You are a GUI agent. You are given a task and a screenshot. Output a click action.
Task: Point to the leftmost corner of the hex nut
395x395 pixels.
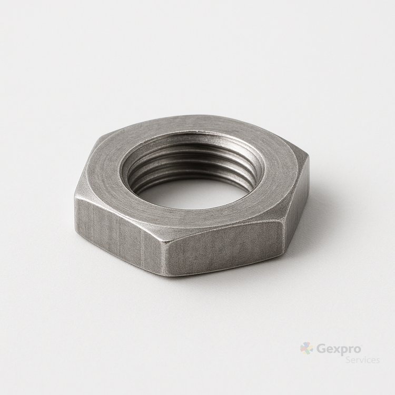click(75, 196)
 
